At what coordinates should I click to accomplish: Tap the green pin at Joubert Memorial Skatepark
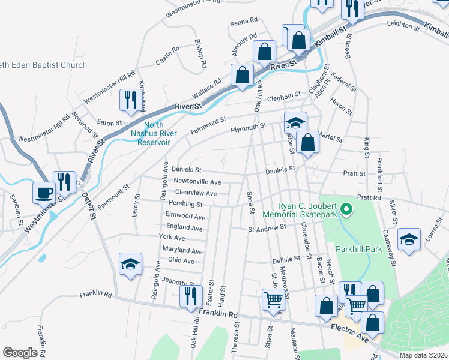coord(346,209)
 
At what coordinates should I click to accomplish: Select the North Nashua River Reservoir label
coord(150,134)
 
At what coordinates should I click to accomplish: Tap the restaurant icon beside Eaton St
coord(130,100)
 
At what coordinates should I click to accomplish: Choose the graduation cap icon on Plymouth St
coord(295,123)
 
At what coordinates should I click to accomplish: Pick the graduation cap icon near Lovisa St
coord(409,241)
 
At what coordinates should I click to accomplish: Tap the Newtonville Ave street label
coord(197,182)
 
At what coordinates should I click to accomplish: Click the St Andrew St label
coord(267,229)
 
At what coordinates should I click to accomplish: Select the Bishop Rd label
coord(200,53)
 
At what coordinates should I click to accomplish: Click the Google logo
coord(20,353)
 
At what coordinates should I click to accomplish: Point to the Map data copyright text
coord(423,355)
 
